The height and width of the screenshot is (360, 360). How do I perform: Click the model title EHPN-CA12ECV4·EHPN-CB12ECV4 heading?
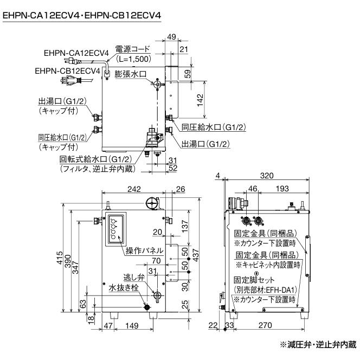point(82,17)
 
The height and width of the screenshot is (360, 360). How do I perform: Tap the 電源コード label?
point(133,49)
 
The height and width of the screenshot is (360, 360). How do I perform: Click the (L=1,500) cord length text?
point(133,58)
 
